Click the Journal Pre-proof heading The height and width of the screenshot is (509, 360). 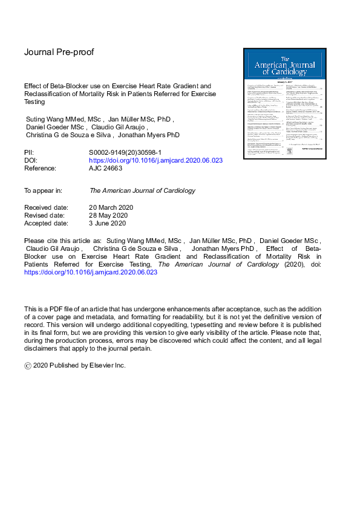[59, 52]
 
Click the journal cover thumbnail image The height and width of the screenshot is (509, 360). [282, 103]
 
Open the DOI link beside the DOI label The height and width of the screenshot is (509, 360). [155, 161]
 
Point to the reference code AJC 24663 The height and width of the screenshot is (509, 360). [110, 168]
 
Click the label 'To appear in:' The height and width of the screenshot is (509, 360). [43, 190]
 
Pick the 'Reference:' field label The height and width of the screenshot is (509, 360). [40, 168]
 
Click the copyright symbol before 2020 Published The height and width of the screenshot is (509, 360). [27, 366]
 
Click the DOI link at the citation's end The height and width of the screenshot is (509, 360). [90, 273]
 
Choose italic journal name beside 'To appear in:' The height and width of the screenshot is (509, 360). [142, 190]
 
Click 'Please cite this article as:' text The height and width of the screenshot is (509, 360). [62, 239]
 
